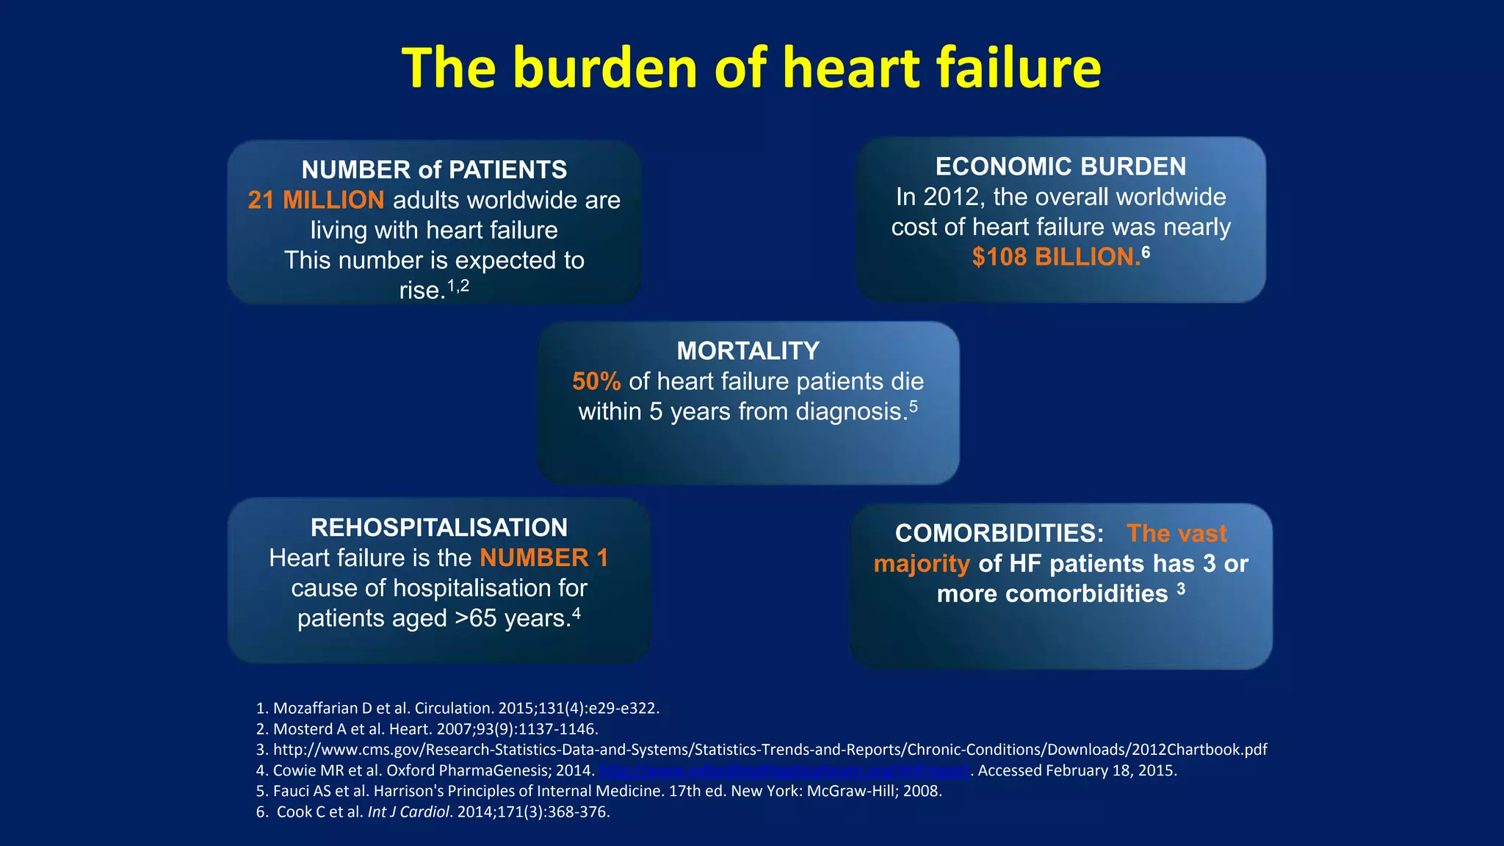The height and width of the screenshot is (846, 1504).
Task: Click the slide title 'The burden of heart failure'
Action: (751, 68)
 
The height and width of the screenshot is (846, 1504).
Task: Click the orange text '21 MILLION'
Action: (316, 200)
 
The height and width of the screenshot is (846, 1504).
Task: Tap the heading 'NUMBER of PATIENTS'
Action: (434, 170)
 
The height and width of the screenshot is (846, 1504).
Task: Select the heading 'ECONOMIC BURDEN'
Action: (1060, 167)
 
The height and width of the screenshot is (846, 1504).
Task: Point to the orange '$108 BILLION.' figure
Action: (1055, 257)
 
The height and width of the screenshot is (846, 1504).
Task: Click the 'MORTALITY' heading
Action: (748, 351)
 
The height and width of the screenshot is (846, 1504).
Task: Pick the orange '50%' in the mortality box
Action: (596, 381)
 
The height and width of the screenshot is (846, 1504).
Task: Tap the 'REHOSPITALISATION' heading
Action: (439, 527)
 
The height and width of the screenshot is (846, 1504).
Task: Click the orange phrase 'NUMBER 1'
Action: (544, 558)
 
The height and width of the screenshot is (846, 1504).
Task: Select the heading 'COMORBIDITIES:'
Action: (999, 533)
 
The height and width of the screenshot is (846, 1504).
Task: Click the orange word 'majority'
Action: (922, 564)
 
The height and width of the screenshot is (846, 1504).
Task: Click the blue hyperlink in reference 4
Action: (784, 770)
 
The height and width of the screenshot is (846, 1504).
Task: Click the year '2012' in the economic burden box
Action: (950, 197)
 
